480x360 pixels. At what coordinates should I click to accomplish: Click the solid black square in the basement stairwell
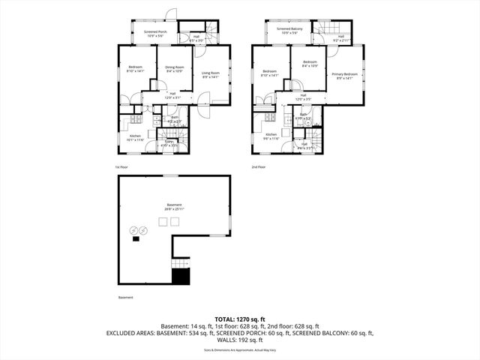(x=181, y=277)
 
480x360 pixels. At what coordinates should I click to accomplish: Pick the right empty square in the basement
(x=175, y=222)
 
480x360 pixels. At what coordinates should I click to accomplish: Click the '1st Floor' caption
(x=122, y=166)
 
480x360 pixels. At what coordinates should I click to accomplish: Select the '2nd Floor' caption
(x=259, y=166)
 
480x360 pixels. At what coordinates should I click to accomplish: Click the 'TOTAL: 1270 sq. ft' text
(x=239, y=318)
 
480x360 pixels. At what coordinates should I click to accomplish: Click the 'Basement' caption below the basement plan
(x=125, y=298)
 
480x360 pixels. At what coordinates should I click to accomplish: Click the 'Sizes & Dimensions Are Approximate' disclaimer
(x=239, y=349)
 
